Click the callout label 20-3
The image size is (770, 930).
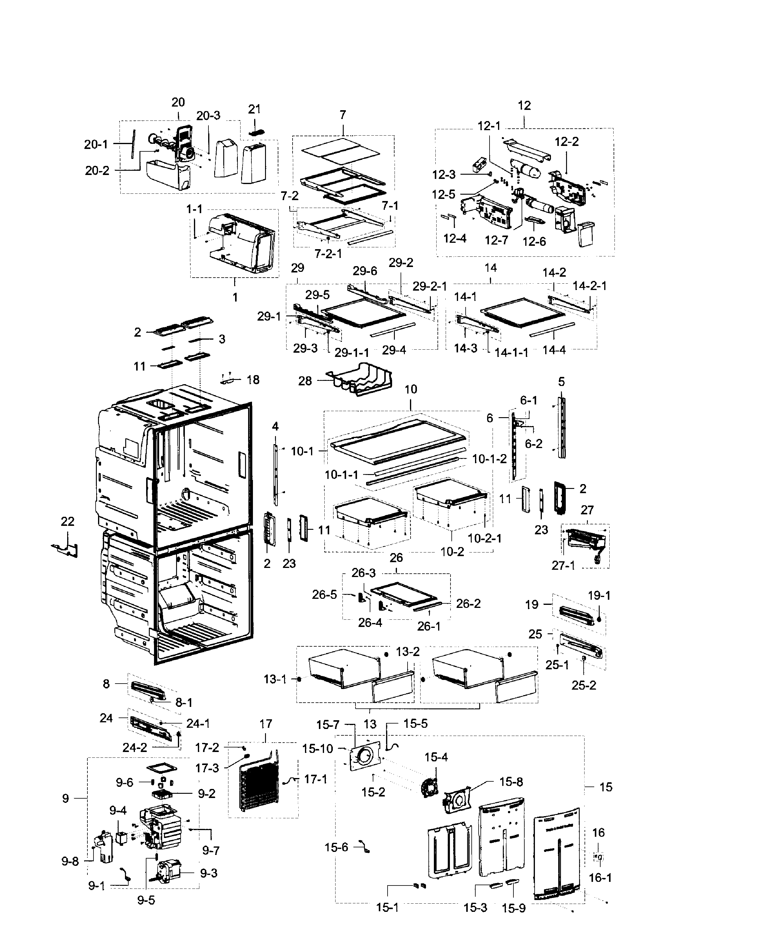[208, 116]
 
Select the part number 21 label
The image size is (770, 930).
[254, 109]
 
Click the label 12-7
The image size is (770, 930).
[496, 240]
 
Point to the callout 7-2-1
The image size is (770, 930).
[328, 254]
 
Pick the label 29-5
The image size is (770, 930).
[317, 295]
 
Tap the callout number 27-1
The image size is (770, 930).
[563, 566]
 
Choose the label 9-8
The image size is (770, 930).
[70, 861]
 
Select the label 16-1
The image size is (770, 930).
[600, 877]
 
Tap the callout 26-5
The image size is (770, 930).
[324, 595]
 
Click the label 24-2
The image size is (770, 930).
[135, 747]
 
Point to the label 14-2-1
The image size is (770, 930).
[589, 286]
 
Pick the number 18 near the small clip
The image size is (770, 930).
[253, 380]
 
